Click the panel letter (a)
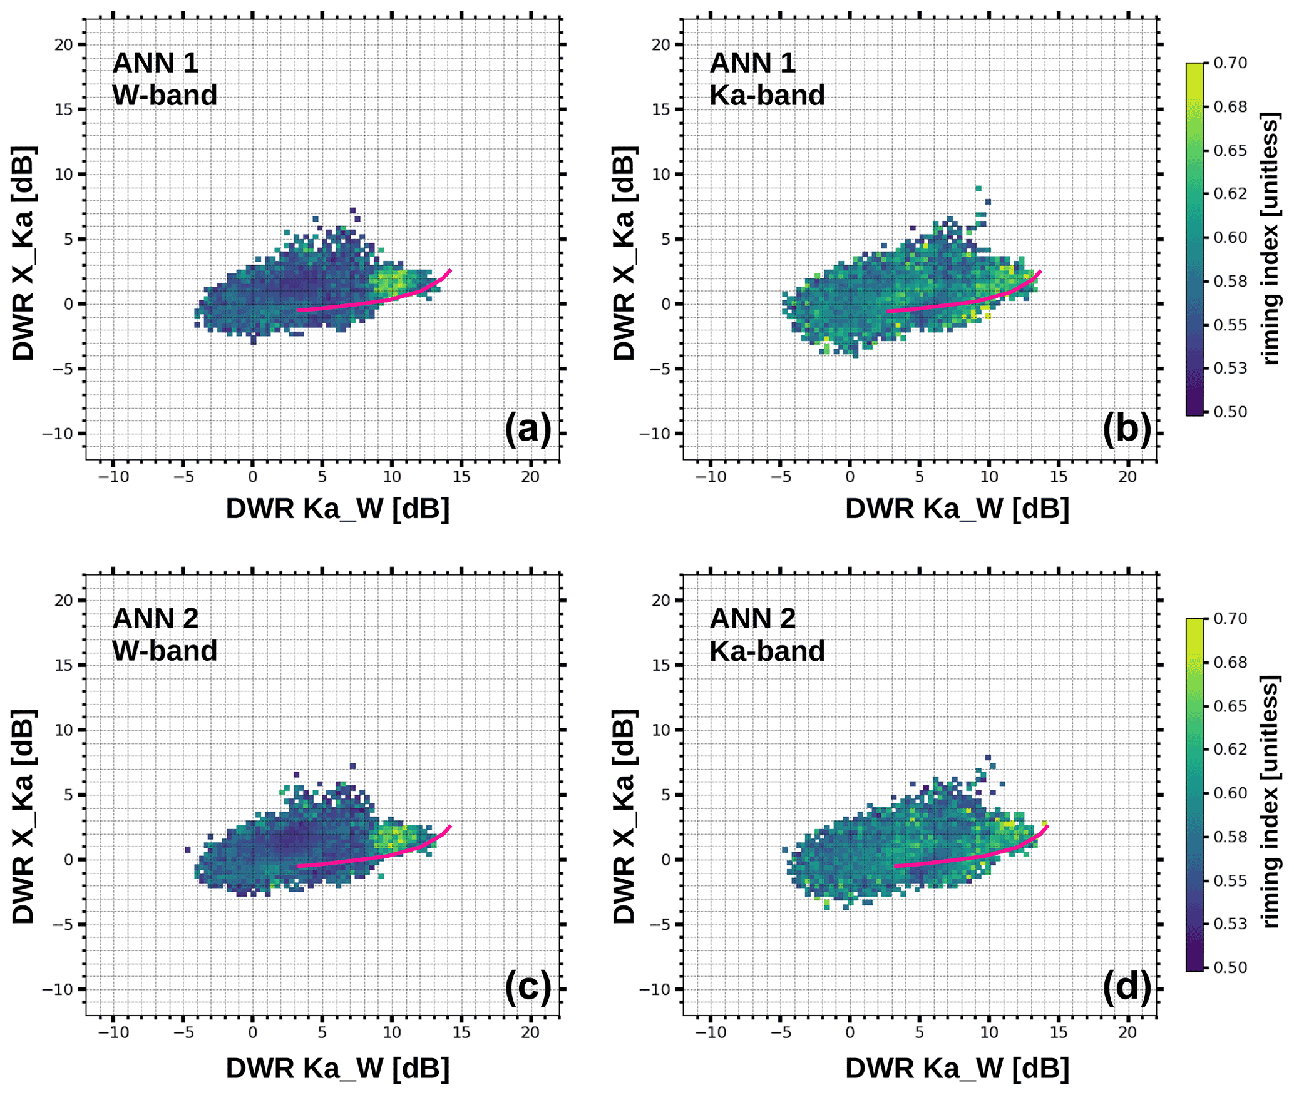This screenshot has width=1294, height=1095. [527, 429]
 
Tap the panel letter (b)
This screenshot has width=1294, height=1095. [1126, 429]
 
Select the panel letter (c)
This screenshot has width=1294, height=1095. [527, 986]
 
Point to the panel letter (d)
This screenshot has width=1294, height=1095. [1126, 986]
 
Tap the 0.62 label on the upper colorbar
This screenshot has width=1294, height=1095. [1230, 194]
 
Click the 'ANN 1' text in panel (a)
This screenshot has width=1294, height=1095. [155, 63]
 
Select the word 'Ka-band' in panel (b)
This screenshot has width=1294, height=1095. [766, 95]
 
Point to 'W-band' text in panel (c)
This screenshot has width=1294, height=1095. [165, 651]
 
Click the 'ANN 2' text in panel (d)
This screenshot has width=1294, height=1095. [752, 618]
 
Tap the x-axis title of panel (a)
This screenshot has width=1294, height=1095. [337, 509]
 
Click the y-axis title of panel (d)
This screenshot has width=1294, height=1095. [624, 817]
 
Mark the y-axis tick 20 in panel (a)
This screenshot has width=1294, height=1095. [64, 44]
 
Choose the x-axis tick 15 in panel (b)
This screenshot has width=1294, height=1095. [1058, 477]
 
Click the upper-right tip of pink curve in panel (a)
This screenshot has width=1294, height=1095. [450, 270]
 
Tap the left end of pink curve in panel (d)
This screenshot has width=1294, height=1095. [895, 867]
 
